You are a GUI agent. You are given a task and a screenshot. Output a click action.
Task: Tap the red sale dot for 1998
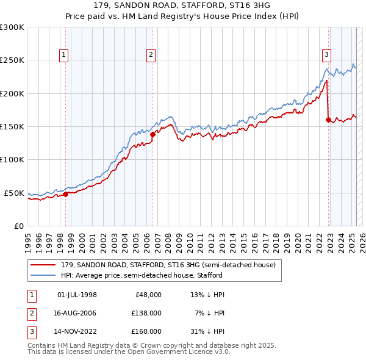coord(66,194)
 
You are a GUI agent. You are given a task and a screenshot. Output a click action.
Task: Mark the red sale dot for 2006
coord(152,134)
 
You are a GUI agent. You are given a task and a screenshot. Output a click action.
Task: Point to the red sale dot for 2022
coord(328,120)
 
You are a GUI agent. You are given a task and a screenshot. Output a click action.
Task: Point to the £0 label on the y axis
coord(18,226)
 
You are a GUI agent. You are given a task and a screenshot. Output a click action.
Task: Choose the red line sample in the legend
coord(43,265)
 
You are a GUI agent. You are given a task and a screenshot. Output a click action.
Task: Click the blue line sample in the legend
coord(43,275)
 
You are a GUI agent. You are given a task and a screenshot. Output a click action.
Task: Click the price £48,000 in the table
coord(148,295)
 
